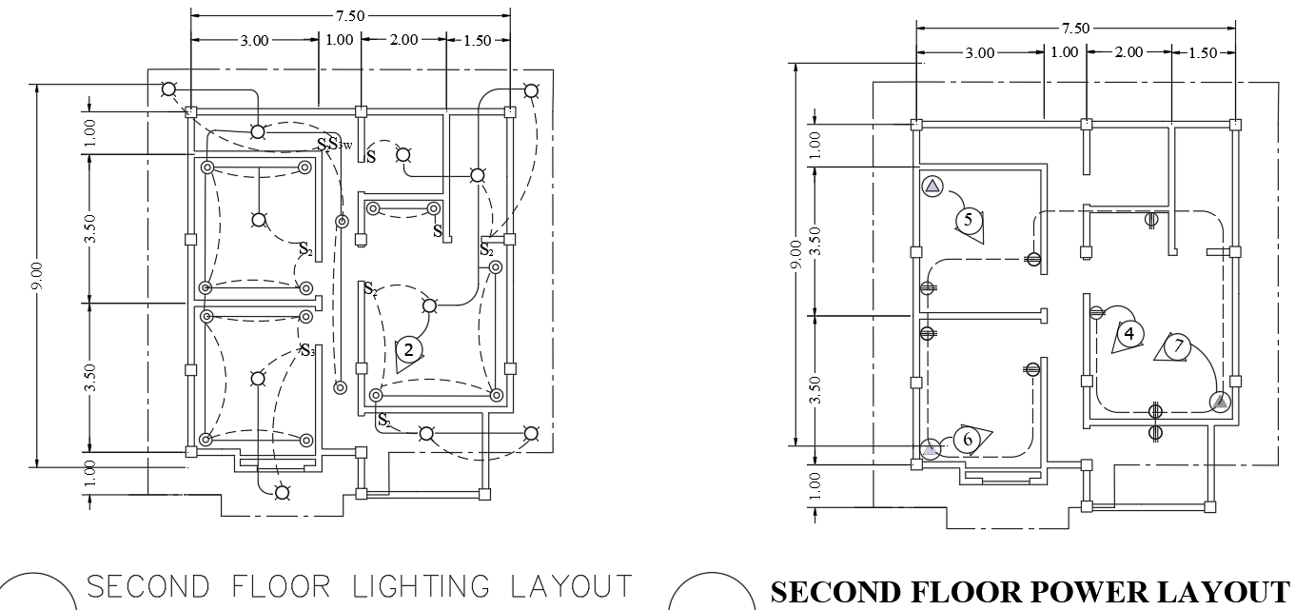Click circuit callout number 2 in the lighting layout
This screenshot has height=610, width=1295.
coord(409,349)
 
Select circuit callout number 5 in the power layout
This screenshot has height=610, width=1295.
coord(968,220)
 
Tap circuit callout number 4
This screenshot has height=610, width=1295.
coord(1128,334)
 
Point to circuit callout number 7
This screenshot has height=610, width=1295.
coord(1179,346)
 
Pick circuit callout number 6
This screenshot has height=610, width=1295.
coord(968,439)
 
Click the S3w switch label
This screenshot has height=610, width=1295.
coord(340,145)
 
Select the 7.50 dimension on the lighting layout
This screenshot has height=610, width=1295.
coord(350,16)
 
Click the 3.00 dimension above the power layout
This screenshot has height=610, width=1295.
coord(980,53)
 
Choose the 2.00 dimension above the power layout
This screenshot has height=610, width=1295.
coord(1128,52)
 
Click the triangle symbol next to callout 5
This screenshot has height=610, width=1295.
coord(932,186)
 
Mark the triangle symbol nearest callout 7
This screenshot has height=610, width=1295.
coord(1220,402)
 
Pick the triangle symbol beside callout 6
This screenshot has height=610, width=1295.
coord(931,447)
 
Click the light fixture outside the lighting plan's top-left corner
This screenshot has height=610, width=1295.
coord(168,89)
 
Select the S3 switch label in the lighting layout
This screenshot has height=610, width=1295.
coord(306,349)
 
